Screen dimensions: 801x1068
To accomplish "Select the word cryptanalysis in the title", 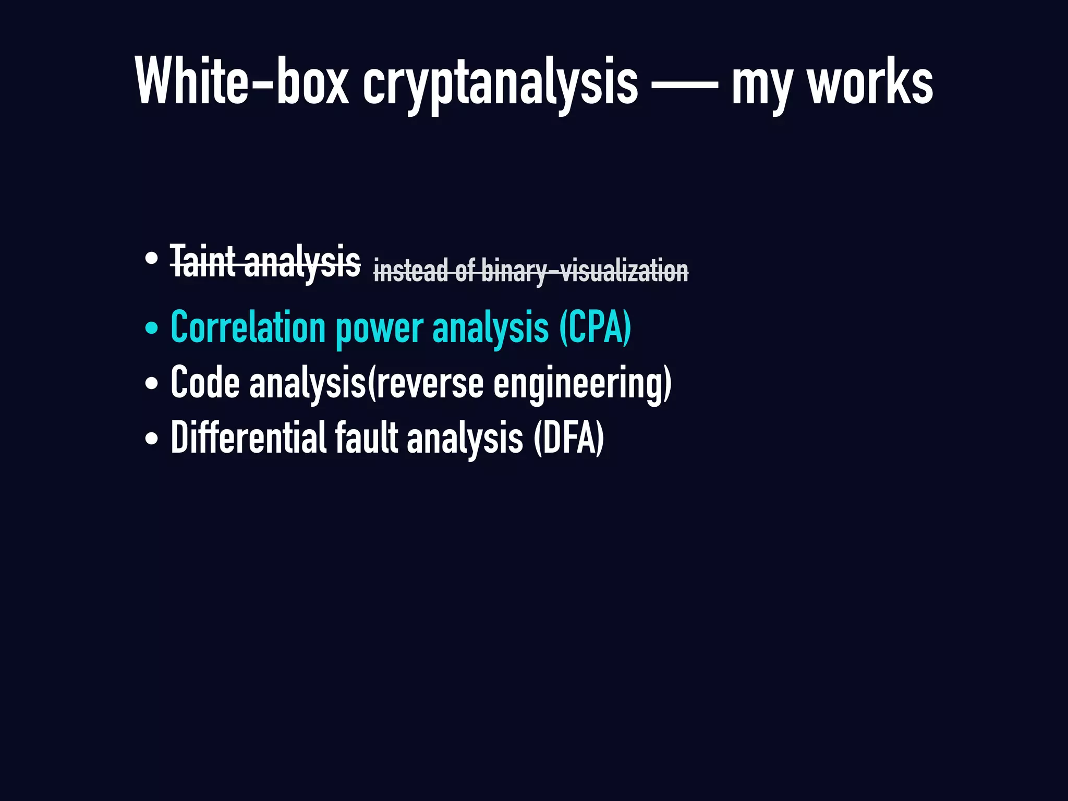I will [x=500, y=83].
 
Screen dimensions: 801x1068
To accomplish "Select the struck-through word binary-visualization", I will [x=585, y=271].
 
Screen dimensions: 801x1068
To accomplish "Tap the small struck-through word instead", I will [x=410, y=271].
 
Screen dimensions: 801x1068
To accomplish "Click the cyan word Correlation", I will [x=248, y=327].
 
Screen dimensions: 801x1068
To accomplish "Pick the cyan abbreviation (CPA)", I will [x=595, y=327].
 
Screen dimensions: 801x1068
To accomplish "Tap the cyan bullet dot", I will [x=152, y=329].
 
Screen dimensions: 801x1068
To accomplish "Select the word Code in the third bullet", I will [x=205, y=383].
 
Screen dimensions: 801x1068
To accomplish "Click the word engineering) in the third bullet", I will [x=582, y=384].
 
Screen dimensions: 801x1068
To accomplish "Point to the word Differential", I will [x=248, y=438].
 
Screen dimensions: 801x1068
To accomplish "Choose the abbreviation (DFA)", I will [x=568, y=438].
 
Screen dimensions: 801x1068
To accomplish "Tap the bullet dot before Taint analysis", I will [x=152, y=258].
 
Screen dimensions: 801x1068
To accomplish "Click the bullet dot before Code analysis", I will [x=152, y=384].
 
